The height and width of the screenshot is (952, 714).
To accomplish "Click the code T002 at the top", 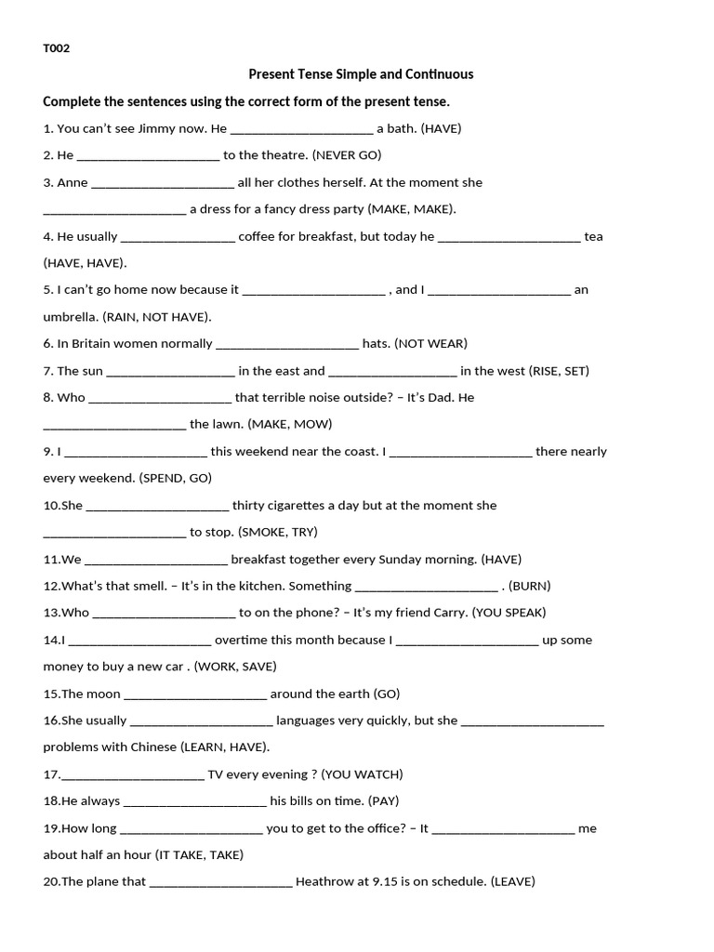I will pyautogui.click(x=57, y=48).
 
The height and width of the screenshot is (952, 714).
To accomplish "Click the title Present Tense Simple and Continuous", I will pyautogui.click(x=361, y=74).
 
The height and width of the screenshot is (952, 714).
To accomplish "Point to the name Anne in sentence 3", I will pyautogui.click(x=73, y=182).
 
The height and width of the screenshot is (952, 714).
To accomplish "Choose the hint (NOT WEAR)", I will pyautogui.click(x=431, y=343).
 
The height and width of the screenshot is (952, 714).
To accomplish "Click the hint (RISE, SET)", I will pyautogui.click(x=559, y=370).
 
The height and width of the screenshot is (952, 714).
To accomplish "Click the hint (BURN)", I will pyautogui.click(x=530, y=586).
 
